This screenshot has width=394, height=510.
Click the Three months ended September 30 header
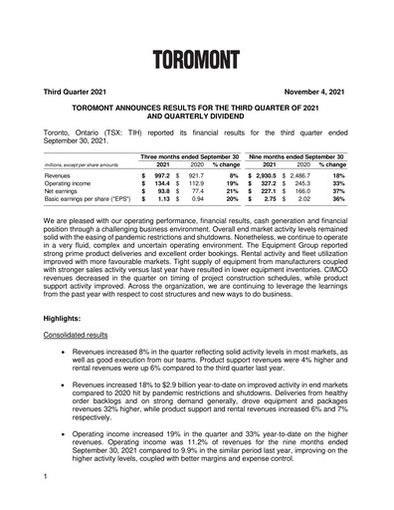pos(190,156)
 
